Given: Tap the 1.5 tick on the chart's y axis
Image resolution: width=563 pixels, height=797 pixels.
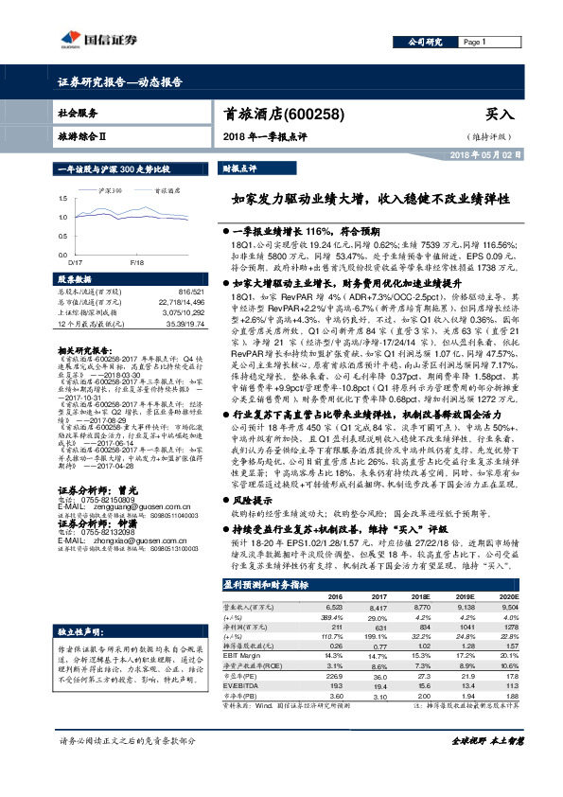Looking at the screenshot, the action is click(x=62, y=199).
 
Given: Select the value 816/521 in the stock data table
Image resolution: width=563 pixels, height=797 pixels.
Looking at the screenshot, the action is click(x=190, y=292).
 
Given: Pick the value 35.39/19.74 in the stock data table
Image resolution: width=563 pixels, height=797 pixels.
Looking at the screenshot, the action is click(x=185, y=325).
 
